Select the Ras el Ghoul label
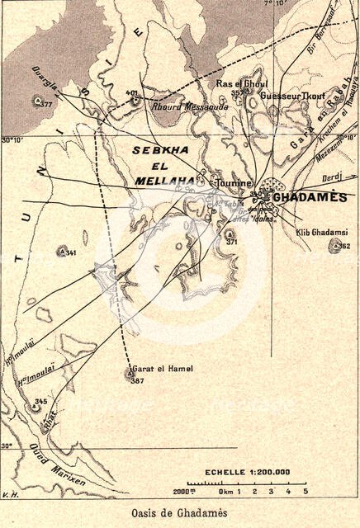[237, 84]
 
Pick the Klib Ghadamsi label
[321, 233]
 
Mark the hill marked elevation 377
[37, 100]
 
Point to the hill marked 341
[60, 250]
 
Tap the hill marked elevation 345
[37, 405]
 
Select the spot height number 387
[136, 381]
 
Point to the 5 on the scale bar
[306, 492]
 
